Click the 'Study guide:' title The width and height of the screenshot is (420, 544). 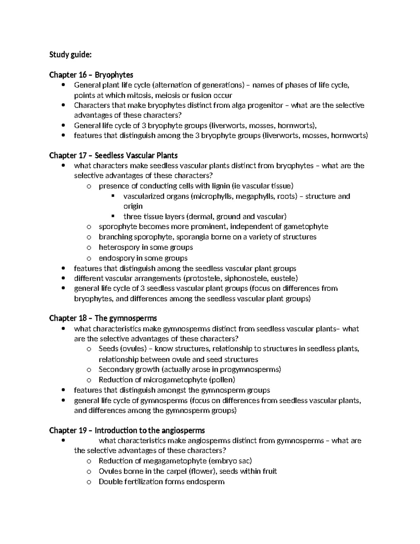tap(71, 55)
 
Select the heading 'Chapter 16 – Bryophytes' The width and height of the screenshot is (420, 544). tap(91, 75)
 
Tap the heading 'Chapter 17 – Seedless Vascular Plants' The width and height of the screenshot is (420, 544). tap(113, 156)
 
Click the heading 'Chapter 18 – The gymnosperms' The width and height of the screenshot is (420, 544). tap(103, 318)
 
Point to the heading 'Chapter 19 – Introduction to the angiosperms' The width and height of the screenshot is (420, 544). tap(127, 431)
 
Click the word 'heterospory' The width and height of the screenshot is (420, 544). tap(119, 247)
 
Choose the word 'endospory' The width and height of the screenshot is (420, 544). tap(116, 258)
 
